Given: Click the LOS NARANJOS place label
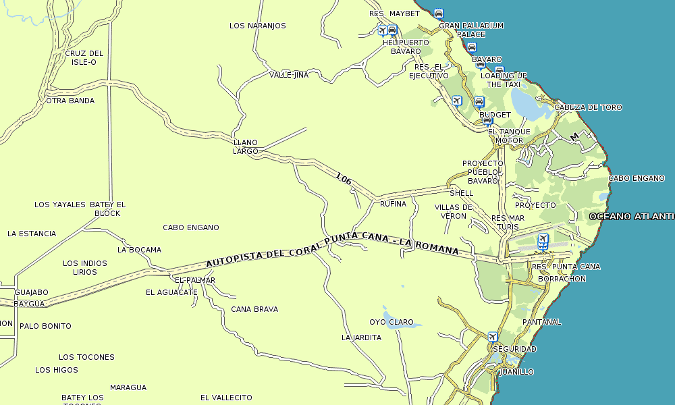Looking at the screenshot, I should pyautogui.click(x=257, y=26).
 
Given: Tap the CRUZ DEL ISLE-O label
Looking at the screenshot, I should pyautogui.click(x=84, y=57).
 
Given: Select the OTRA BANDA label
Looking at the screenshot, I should pyautogui.click(x=70, y=101).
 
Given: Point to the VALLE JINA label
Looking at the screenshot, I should pyautogui.click(x=289, y=75).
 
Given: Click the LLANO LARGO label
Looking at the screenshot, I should pyautogui.click(x=246, y=146).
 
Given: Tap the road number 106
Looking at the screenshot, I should pyautogui.click(x=344, y=179).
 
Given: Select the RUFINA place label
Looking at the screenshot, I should pyautogui.click(x=393, y=203).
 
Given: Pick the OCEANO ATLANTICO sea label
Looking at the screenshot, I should pyautogui.click(x=631, y=216).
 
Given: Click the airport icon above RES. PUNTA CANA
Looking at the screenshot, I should pyautogui.click(x=543, y=240).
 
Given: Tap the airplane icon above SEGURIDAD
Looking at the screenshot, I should pyautogui.click(x=493, y=336).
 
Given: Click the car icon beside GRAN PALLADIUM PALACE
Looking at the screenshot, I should pyautogui.click(x=439, y=13).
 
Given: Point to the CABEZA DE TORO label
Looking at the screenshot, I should pyautogui.click(x=588, y=107).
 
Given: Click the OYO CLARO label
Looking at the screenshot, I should pyautogui.click(x=391, y=322).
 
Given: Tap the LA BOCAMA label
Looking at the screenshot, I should pyautogui.click(x=139, y=249).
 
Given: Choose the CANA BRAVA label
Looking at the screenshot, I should pyautogui.click(x=254, y=309).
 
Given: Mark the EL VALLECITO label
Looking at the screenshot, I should pyautogui.click(x=226, y=398).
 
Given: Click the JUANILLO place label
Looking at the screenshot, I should pyautogui.click(x=516, y=372).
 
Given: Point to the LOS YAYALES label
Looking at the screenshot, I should pyautogui.click(x=60, y=205).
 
